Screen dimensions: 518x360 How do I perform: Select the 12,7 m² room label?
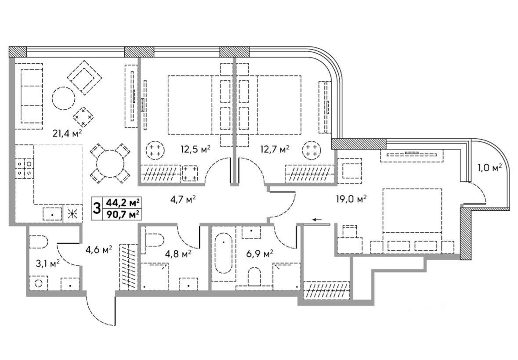click(276, 149)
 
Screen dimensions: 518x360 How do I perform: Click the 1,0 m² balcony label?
click(489, 167)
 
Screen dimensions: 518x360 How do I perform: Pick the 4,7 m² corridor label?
click(183, 199)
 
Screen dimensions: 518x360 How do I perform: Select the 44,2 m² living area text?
click(123, 202)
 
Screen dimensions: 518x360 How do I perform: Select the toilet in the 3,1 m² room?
click(39, 242)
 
